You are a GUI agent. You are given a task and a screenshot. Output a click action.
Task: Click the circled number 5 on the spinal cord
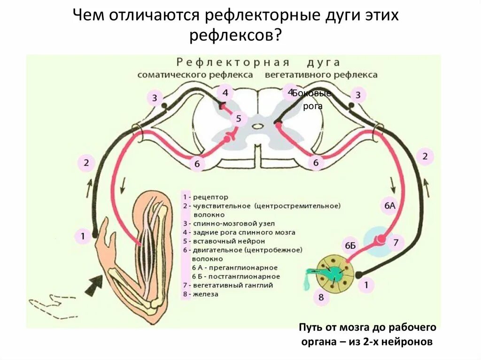click(x=238, y=118)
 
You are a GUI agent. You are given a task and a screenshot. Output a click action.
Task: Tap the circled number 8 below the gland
click(x=320, y=297)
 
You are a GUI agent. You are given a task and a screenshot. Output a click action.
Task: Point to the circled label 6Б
click(x=350, y=245)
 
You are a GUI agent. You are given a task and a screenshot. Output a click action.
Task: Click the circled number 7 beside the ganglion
click(x=396, y=243)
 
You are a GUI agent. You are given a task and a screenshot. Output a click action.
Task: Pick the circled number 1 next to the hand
click(x=83, y=236)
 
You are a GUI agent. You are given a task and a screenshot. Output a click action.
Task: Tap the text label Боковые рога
click(x=311, y=100)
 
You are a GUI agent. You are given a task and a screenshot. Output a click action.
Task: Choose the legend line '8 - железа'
click(x=201, y=294)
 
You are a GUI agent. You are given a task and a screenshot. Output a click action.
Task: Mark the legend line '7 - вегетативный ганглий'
click(x=228, y=285)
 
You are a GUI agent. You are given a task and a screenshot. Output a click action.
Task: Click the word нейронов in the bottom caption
click(x=414, y=342)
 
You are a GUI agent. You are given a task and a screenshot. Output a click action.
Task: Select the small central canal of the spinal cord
click(x=257, y=126)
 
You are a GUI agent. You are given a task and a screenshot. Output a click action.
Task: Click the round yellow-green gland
click(x=334, y=272)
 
